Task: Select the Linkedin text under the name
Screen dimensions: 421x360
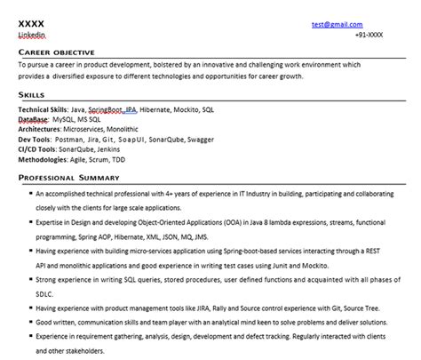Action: click(x=32, y=34)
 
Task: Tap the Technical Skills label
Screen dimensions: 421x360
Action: click(x=43, y=109)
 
